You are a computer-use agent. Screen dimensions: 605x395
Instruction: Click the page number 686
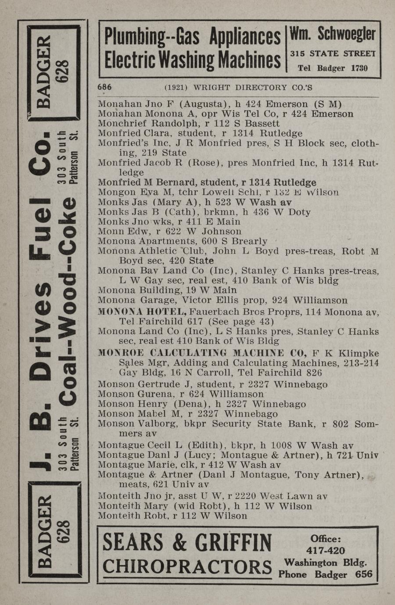point(104,87)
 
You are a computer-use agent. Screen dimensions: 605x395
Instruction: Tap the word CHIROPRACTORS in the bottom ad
point(187,567)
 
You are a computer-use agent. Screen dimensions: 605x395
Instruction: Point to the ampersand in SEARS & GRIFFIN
point(180,543)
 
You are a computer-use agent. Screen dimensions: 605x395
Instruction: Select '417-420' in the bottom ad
point(325,551)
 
